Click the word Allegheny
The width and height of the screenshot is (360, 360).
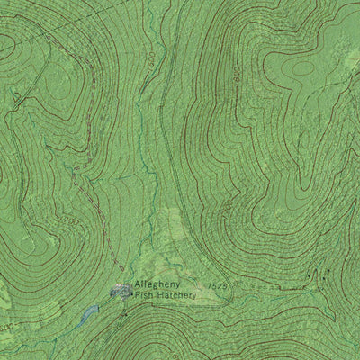[x=159, y=283]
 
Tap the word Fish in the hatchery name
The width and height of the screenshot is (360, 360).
[x=145, y=294]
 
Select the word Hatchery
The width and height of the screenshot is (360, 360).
[x=176, y=294]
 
